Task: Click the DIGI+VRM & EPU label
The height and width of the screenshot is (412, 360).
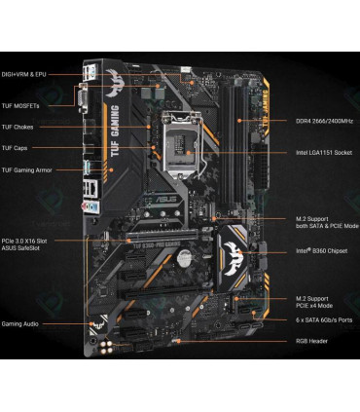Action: click(x=23, y=74)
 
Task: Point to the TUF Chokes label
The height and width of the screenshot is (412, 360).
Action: click(x=18, y=126)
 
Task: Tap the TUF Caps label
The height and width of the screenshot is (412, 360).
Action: click(x=16, y=148)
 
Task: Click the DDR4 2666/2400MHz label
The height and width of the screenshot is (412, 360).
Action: click(x=323, y=121)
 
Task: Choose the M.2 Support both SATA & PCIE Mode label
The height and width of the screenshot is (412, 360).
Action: click(x=325, y=222)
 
